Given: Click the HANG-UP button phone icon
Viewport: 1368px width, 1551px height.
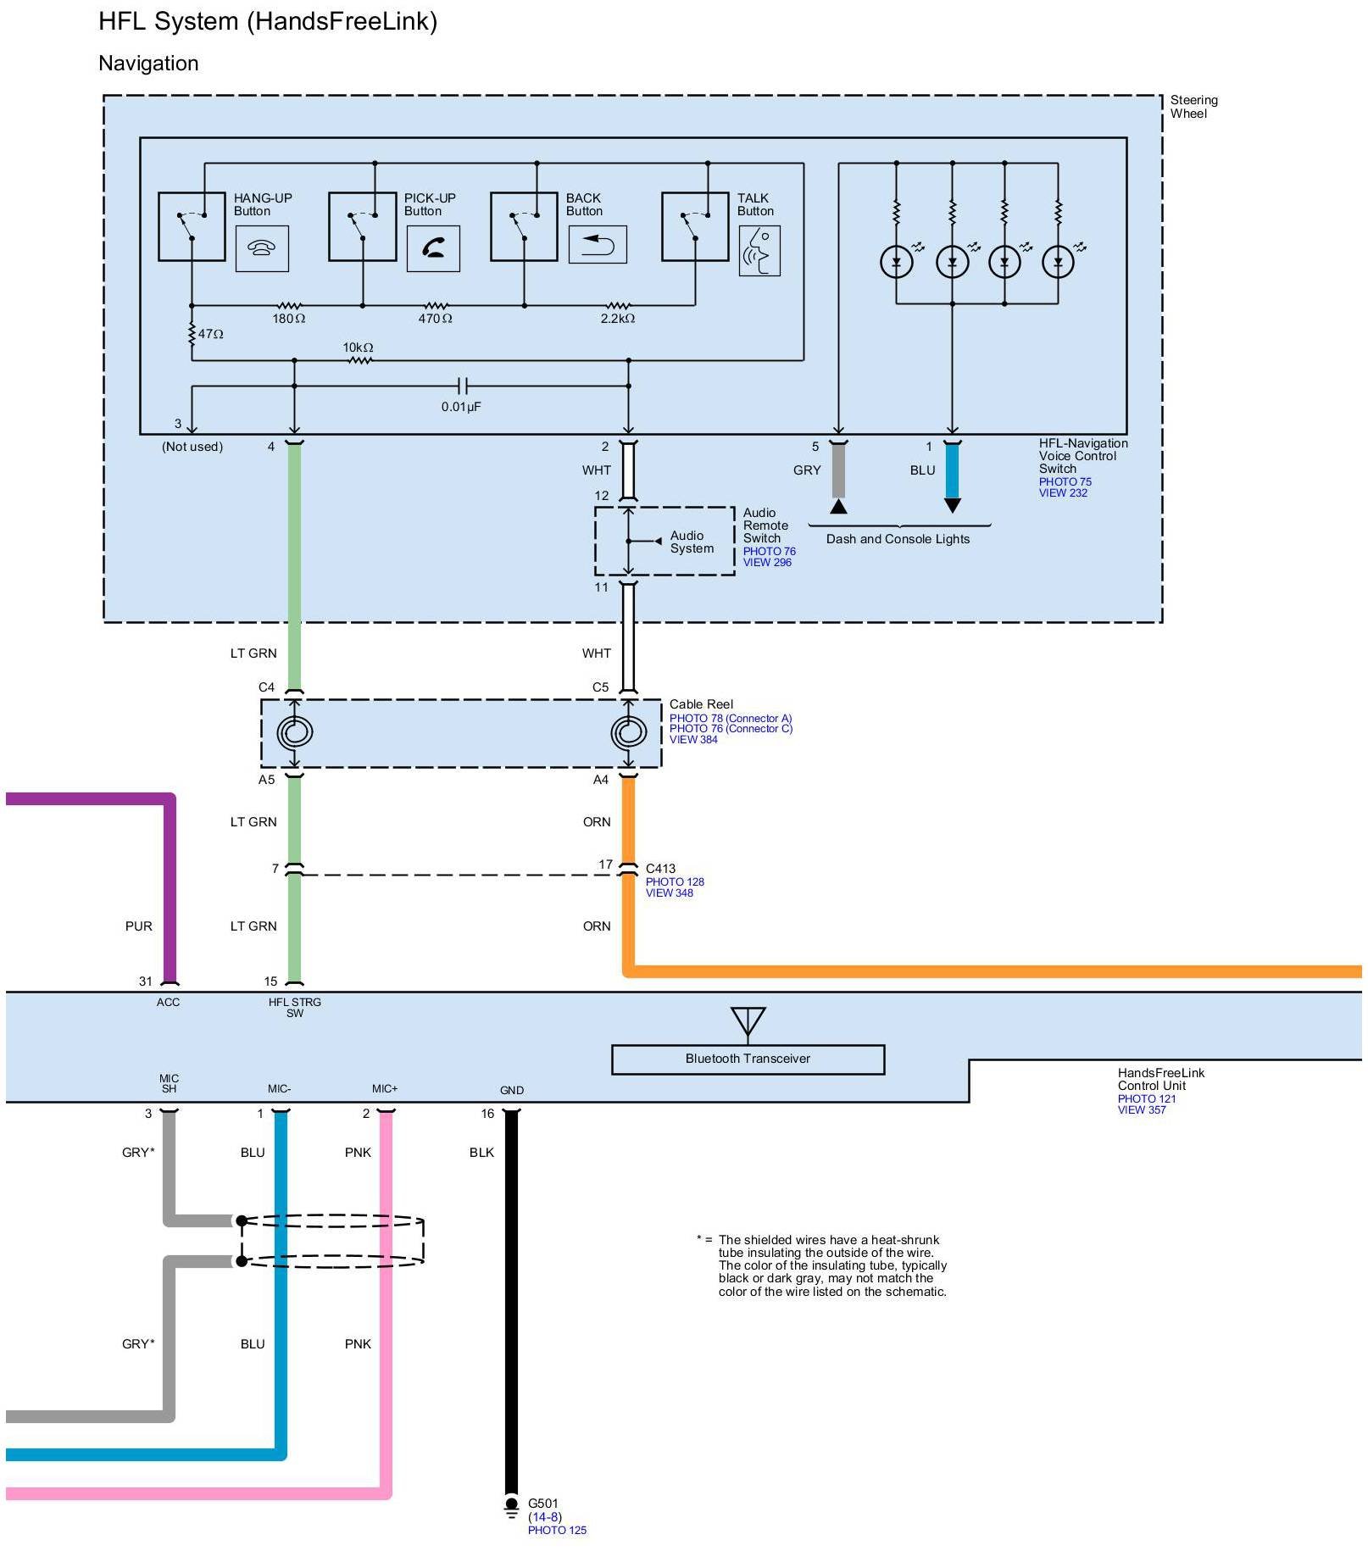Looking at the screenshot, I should pyautogui.click(x=262, y=248).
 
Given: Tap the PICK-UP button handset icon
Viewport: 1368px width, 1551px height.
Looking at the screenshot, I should pyautogui.click(x=433, y=248).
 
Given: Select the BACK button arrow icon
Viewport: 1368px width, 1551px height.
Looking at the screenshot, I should pyautogui.click(x=598, y=245).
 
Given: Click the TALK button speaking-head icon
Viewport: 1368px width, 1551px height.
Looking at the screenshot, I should pyautogui.click(x=759, y=251).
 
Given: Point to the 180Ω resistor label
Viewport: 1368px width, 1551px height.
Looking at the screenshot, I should pyautogui.click(x=288, y=319).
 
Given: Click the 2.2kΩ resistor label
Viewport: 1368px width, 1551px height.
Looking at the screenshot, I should pyautogui.click(x=617, y=319).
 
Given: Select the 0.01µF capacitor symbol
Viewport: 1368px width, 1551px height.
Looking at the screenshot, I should pyautogui.click(x=462, y=386).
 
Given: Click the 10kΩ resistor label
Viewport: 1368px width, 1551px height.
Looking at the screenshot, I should pyautogui.click(x=358, y=347).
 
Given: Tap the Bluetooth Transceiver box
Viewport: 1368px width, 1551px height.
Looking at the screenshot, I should pyautogui.click(x=748, y=1059).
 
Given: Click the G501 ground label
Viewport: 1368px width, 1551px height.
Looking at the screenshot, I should pyautogui.click(x=543, y=1504).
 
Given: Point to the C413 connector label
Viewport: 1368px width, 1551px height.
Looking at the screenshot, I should pyautogui.click(x=661, y=869).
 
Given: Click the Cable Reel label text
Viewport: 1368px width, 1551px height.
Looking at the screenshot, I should pyautogui.click(x=701, y=704).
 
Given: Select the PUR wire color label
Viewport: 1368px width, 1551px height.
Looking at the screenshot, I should pyautogui.click(x=139, y=926).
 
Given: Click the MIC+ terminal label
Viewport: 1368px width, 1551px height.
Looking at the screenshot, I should pyautogui.click(x=385, y=1089).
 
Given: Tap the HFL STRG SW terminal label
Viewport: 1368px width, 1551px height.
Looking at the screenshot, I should pyautogui.click(x=294, y=1008).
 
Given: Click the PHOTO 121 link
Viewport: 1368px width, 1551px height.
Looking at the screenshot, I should pyautogui.click(x=1146, y=1099).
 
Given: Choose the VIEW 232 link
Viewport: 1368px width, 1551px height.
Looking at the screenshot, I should pyautogui.click(x=1063, y=493).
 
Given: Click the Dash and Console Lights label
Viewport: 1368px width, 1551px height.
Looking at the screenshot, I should pyautogui.click(x=898, y=539).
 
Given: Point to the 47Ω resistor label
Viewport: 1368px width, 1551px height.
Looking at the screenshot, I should pyautogui.click(x=211, y=334).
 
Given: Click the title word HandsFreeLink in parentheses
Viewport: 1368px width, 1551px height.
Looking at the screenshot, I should pyautogui.click(x=342, y=21).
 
